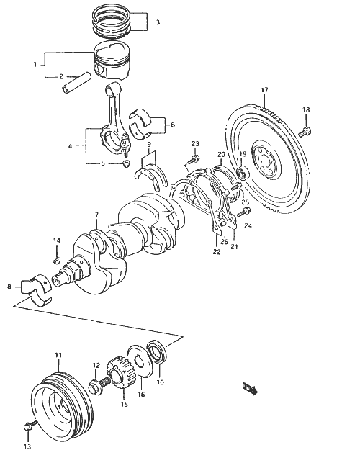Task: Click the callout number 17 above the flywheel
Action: pos(264,90)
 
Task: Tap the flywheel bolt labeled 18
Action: pos(305,131)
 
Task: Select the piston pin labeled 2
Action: pos(76,84)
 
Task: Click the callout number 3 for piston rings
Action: pos(158,22)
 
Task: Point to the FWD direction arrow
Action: pos(250,388)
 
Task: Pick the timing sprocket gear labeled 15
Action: pos(121,372)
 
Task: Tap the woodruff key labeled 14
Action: pos(57,261)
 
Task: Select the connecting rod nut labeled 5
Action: pos(126,164)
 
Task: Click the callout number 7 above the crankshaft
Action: pos(96,215)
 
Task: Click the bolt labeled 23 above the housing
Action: pos(193,160)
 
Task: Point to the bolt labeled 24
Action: pos(244,212)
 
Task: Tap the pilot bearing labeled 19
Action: pos(243,173)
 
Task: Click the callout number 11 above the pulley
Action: pos(58,355)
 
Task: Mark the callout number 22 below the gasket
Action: pos(217,252)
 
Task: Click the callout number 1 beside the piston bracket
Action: pos(35,64)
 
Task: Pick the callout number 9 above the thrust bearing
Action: pos(149,144)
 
